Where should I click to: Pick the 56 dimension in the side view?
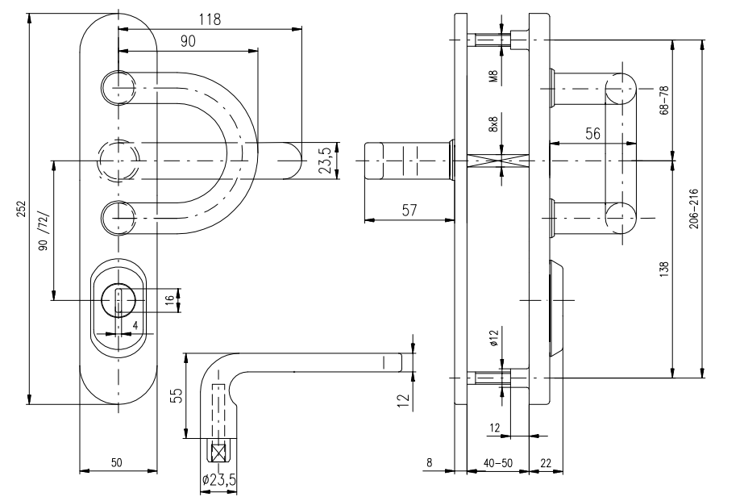click(592, 135)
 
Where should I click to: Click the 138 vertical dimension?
click(664, 268)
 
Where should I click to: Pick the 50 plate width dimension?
click(117, 462)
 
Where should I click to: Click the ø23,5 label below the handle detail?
click(218, 479)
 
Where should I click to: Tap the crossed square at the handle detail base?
click(218, 453)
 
